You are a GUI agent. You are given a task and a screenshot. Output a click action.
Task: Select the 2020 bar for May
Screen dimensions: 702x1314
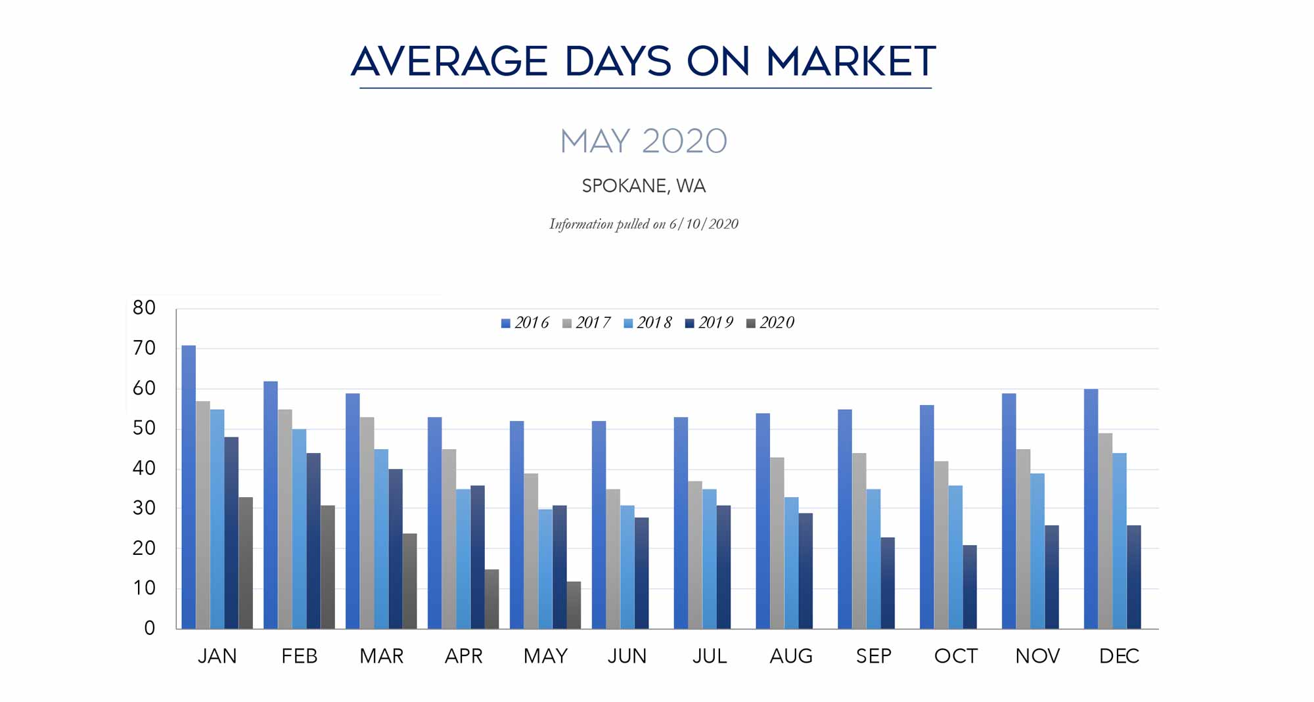click(x=574, y=605)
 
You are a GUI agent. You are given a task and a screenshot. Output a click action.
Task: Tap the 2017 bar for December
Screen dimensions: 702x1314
click(x=1105, y=531)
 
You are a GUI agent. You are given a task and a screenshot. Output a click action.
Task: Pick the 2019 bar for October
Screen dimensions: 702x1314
click(x=970, y=586)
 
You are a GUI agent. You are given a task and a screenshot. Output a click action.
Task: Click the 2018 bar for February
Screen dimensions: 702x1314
click(x=299, y=529)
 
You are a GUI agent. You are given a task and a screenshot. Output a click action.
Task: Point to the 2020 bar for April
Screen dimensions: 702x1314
click(x=491, y=599)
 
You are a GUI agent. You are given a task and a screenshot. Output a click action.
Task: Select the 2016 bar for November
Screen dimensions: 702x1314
click(x=1009, y=511)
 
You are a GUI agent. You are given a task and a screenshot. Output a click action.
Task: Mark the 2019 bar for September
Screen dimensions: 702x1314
click(x=888, y=582)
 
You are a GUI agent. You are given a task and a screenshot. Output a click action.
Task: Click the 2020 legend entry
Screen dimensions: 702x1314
click(x=771, y=323)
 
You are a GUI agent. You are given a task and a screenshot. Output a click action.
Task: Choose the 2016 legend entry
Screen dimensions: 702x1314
click(x=525, y=323)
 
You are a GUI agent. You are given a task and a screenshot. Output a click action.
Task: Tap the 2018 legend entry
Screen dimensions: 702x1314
click(x=648, y=323)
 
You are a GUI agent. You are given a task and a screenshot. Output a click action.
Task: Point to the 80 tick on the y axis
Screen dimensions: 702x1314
click(x=144, y=308)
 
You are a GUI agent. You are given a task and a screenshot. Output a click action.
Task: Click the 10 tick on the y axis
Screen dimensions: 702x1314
click(x=144, y=588)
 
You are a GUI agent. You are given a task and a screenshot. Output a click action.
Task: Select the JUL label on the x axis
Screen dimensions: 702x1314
click(x=710, y=656)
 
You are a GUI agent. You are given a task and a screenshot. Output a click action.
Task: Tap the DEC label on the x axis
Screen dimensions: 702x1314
click(x=1119, y=656)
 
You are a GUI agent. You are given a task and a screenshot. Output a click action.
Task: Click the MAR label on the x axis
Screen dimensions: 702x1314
click(x=381, y=656)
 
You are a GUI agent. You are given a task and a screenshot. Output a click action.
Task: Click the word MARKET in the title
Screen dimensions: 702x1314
click(x=851, y=62)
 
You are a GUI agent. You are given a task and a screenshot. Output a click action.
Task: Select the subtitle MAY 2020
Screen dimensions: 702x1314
click(x=644, y=141)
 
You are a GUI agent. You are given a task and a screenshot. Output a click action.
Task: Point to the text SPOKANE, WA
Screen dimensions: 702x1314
click(x=644, y=186)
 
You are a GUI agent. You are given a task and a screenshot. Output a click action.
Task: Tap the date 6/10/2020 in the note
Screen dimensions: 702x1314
click(x=704, y=225)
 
